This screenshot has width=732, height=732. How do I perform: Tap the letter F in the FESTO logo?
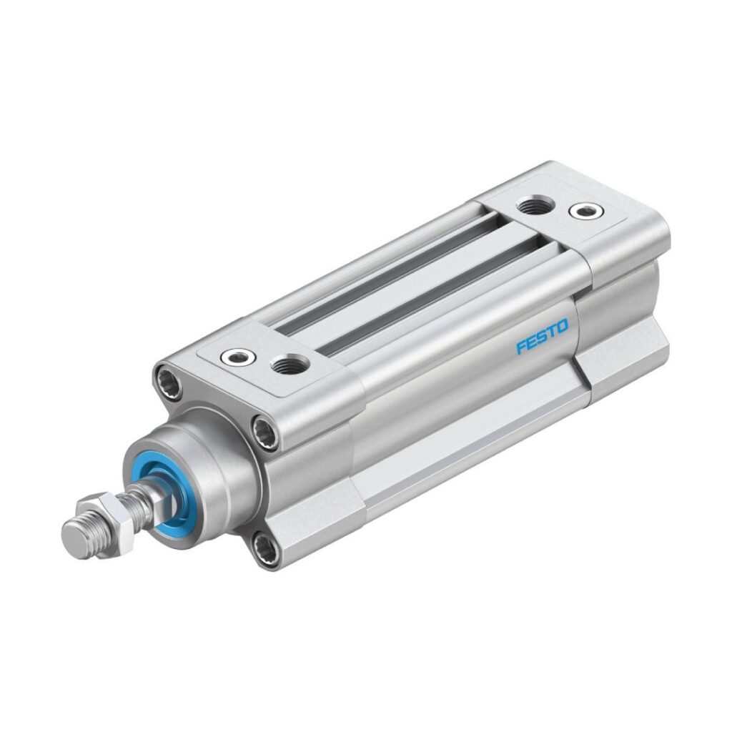522,348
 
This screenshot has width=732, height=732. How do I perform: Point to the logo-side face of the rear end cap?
622,300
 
